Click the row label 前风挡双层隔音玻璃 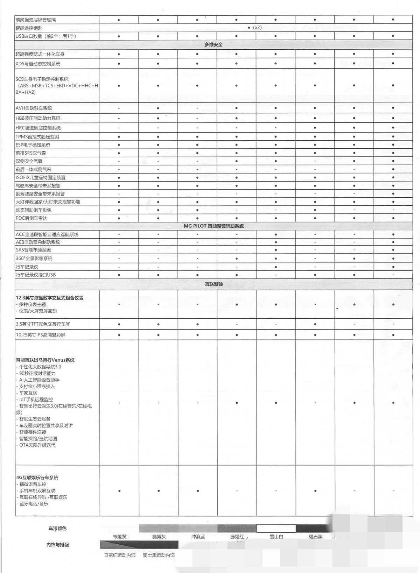click(35, 20)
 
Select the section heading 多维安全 click(213, 45)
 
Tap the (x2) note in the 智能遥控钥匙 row click(257, 28)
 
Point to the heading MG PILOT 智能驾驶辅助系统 click(213, 226)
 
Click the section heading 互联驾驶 click(213, 284)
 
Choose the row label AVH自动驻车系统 click(34, 108)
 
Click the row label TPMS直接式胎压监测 click(37, 137)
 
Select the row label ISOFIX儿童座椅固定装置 click(40, 177)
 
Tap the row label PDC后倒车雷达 click(31, 218)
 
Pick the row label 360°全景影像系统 click(34, 259)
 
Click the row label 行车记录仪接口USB click(36, 275)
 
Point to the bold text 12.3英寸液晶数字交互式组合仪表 click(49, 298)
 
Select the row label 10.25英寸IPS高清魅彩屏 click(41, 335)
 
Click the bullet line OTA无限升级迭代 click(37, 445)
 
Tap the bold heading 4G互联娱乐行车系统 click(37, 477)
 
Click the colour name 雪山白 click(276, 537)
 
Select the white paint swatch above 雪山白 click(276, 528)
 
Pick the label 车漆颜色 click(57, 528)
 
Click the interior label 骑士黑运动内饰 click(159, 555)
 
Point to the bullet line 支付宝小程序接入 click(37, 387)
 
